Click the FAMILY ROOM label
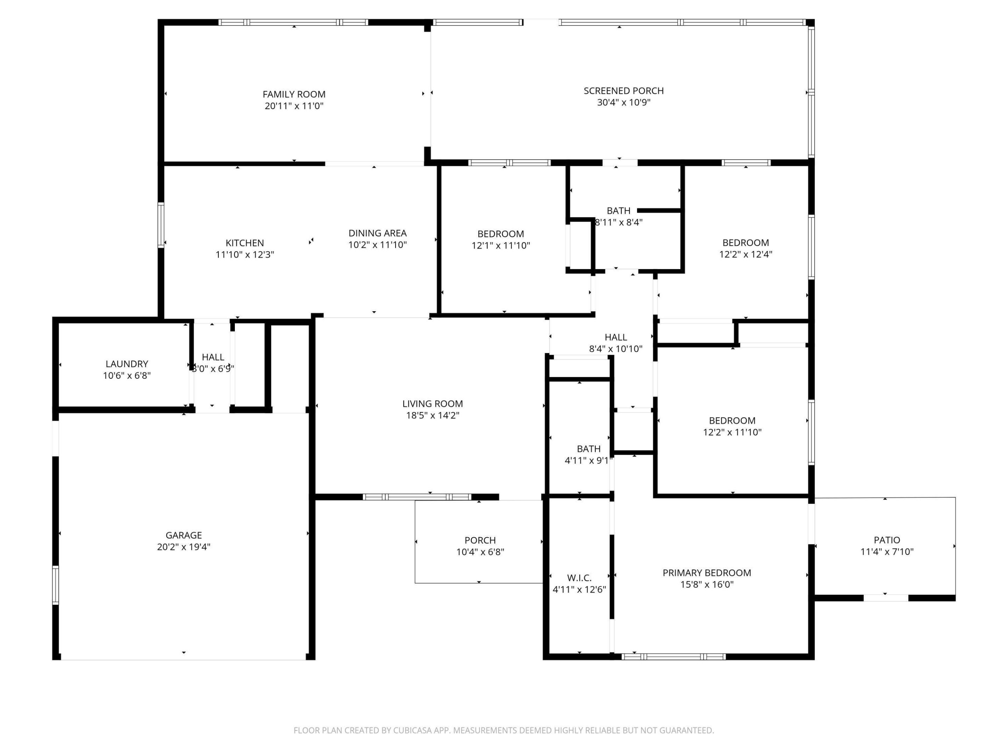[x=294, y=94]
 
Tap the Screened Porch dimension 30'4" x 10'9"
[x=623, y=103]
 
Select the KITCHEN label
[x=245, y=243]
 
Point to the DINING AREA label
[x=377, y=233]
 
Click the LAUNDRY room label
[x=127, y=364]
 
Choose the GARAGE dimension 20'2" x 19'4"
[x=184, y=547]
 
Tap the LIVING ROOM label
[x=433, y=404]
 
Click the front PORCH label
[x=480, y=540]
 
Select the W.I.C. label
[x=579, y=578]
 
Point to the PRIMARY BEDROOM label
[x=707, y=573]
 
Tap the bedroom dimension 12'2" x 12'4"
[x=745, y=254]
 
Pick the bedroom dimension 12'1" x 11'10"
[x=501, y=246]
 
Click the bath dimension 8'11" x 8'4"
[x=619, y=222]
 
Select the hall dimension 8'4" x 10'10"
[x=616, y=349]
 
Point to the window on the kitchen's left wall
[x=161, y=225]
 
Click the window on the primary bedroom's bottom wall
[x=673, y=657]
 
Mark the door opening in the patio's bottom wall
[x=886, y=598]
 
